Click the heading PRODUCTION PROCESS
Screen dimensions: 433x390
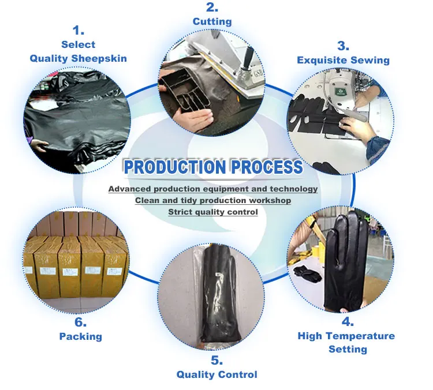click(214, 167)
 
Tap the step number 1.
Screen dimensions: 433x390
click(78, 30)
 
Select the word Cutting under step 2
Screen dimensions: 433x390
click(212, 22)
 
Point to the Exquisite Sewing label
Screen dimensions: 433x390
click(343, 60)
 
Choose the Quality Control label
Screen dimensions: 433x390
click(216, 375)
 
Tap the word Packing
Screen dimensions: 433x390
click(80, 336)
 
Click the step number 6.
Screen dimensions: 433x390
click(80, 322)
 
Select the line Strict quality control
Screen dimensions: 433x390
click(213, 212)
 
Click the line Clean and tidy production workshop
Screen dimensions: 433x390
click(213, 200)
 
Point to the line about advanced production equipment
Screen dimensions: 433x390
click(213, 189)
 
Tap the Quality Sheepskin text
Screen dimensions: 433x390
click(78, 58)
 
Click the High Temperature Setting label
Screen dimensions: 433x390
click(346, 342)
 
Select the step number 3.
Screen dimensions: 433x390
click(343, 46)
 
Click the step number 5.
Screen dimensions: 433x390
click(216, 361)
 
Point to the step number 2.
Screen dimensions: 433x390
click(212, 7)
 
